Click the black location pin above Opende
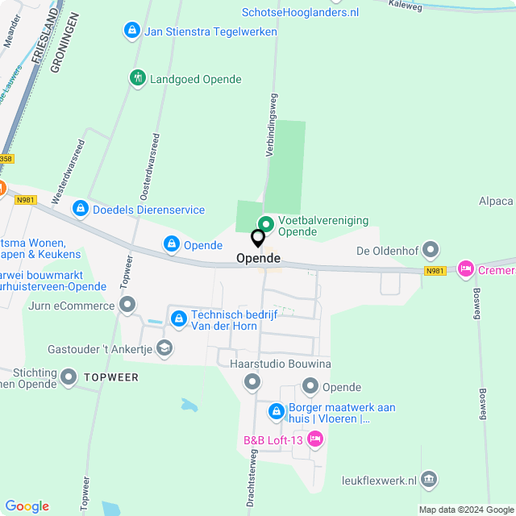[x=258, y=239]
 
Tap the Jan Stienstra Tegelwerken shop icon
[x=131, y=31]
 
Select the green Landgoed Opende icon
[x=138, y=78]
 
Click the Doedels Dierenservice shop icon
[x=80, y=210]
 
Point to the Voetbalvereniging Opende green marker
[x=265, y=224]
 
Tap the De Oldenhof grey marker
[x=431, y=250]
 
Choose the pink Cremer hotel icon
[x=465, y=269]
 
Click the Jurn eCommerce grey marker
[x=127, y=305]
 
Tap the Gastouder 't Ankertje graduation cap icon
[x=164, y=347]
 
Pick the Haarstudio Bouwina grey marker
[x=253, y=381]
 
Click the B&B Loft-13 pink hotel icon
[x=315, y=439]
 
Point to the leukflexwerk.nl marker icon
[x=429, y=480]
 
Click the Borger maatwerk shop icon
[x=277, y=413]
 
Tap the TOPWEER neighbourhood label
[x=112, y=377]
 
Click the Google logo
[x=27, y=506]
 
